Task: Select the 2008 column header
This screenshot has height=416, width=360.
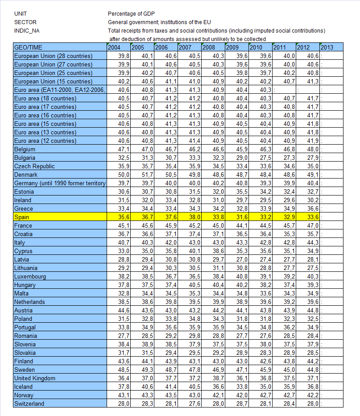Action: (x=208, y=47)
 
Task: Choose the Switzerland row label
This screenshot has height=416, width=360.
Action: (x=29, y=404)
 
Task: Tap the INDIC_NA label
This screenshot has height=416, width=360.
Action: (x=26, y=30)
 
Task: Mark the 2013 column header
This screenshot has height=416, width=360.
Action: (x=327, y=47)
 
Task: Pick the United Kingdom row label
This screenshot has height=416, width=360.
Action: (x=35, y=378)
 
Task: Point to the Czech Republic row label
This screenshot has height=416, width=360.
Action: (x=34, y=166)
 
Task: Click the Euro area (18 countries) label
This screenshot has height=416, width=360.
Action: (x=45, y=98)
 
